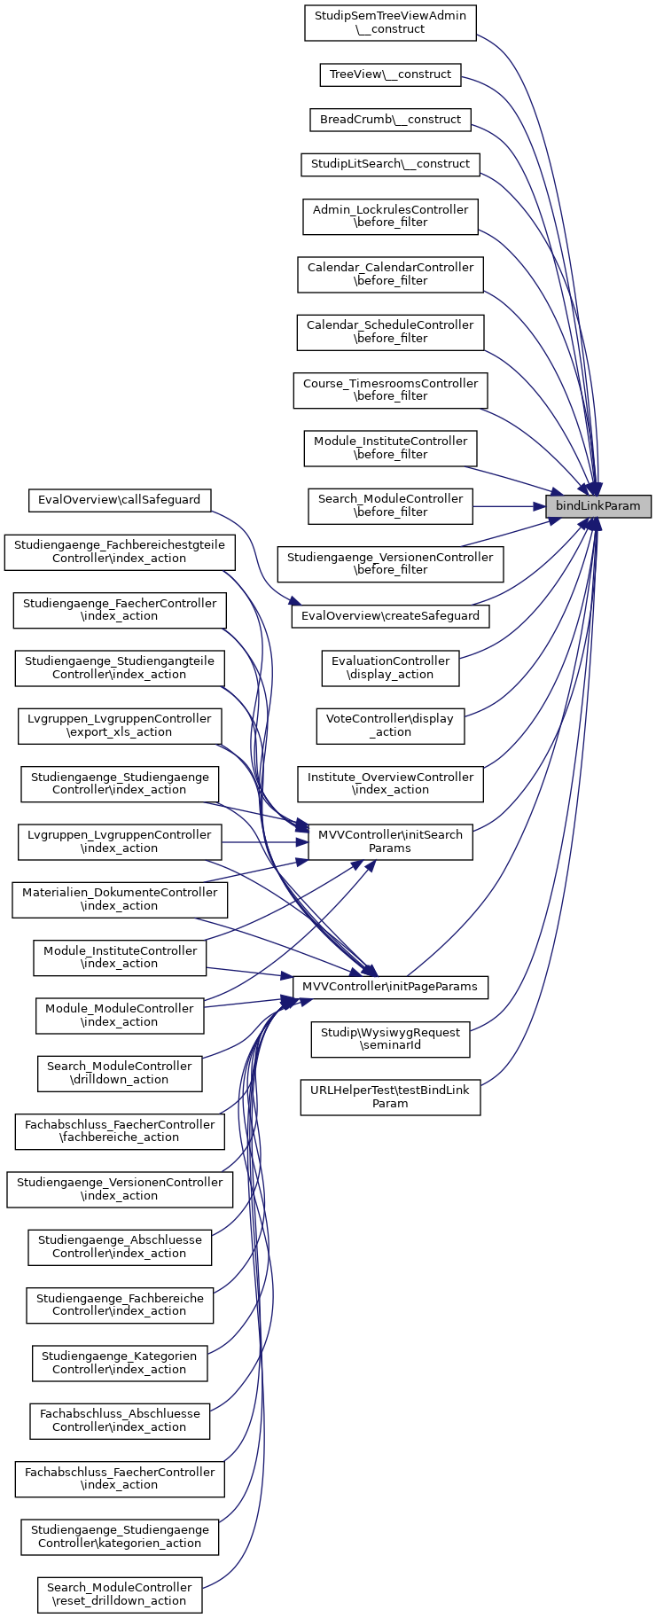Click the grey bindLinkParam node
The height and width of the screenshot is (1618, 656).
(597, 506)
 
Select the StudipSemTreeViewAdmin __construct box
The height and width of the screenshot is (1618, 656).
(390, 22)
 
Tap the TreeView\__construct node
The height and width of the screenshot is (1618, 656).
(390, 74)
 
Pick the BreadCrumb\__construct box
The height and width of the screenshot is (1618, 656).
(390, 120)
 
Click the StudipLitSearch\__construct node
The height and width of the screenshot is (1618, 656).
(390, 164)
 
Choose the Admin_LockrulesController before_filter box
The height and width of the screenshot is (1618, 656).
(390, 216)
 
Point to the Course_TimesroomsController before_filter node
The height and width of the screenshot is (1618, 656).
(390, 390)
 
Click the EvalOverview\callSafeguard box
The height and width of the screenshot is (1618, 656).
(120, 500)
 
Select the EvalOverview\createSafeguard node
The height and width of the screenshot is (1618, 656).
(390, 615)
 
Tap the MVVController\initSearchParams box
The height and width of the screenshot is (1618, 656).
(390, 841)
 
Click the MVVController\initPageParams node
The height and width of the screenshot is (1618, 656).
(390, 986)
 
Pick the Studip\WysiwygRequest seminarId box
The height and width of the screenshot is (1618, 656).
(390, 1039)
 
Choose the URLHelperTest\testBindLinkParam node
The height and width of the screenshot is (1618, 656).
(390, 1097)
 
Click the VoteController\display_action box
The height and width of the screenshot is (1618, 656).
(390, 725)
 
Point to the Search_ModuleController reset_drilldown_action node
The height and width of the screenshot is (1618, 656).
(120, 1594)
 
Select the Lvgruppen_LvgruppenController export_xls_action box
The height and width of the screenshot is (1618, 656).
(120, 725)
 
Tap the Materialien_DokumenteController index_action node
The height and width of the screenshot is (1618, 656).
(120, 899)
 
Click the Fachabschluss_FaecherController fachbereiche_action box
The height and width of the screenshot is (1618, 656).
(120, 1130)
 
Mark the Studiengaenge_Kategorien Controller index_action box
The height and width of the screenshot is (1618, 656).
(120, 1363)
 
